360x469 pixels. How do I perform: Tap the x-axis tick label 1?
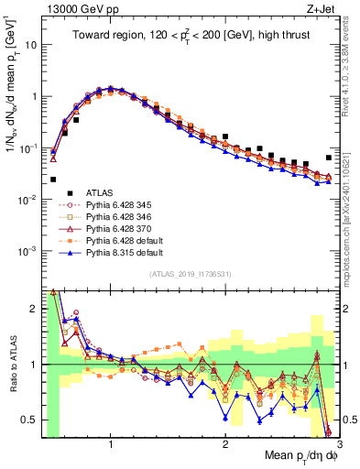point(111,445)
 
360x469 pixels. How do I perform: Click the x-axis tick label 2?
point(225,445)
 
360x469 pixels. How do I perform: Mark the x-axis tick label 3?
point(338,445)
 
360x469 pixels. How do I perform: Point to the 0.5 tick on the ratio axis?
point(30,420)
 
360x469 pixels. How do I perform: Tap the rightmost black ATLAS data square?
point(329,158)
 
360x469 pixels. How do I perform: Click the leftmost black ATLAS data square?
point(53,180)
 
